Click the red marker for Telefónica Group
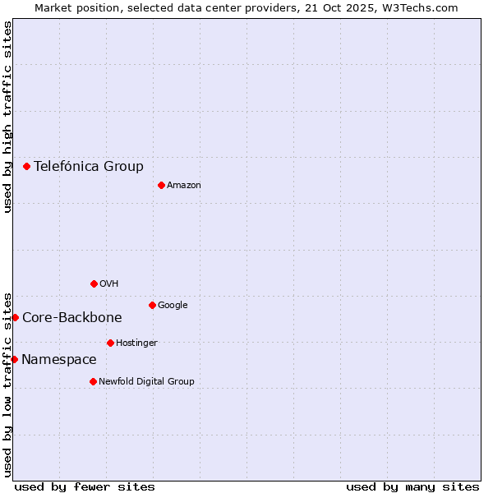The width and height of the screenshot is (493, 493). (x=26, y=166)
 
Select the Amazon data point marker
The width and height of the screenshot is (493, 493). (x=161, y=185)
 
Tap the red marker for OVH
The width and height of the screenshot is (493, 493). (x=94, y=283)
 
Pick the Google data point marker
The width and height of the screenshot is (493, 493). (x=152, y=305)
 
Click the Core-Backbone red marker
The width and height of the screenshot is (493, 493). (x=15, y=317)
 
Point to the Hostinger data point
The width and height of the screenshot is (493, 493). (x=110, y=343)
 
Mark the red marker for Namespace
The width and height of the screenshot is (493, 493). (x=14, y=359)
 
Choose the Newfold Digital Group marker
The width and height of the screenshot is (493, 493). (x=93, y=381)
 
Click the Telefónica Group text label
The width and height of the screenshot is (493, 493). (x=89, y=166)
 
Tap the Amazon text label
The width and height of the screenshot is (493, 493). (x=184, y=186)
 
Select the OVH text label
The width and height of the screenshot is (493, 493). (x=109, y=284)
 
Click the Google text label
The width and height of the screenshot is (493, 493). (x=173, y=306)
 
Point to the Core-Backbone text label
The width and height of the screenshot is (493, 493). (x=72, y=318)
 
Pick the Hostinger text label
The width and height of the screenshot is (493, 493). (x=136, y=343)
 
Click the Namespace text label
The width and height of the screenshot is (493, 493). (x=59, y=360)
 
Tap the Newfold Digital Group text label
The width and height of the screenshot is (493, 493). (x=147, y=382)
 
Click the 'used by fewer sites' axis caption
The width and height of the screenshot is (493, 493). (x=85, y=486)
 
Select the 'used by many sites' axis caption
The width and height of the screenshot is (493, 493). (x=412, y=486)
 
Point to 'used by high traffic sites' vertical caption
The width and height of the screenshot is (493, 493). (x=7, y=117)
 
